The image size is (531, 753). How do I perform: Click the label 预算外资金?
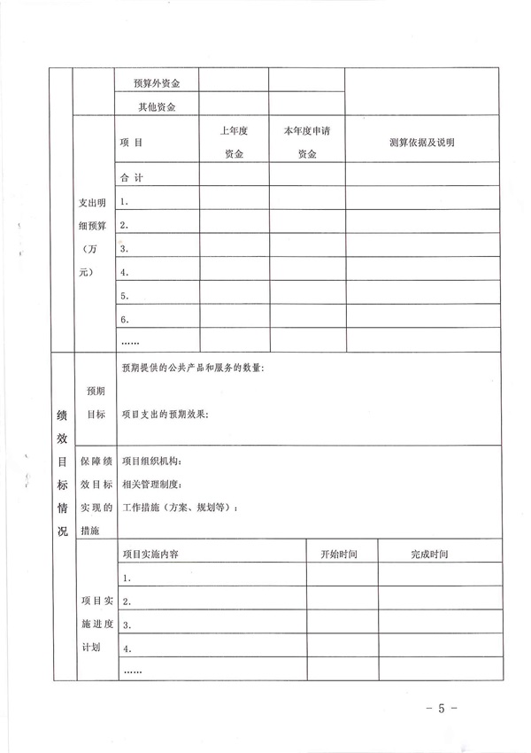(x=156, y=83)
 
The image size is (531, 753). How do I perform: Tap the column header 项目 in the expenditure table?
(x=131, y=142)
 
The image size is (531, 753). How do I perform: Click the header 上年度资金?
(x=234, y=142)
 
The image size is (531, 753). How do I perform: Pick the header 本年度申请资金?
(x=306, y=142)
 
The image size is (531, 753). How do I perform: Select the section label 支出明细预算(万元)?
(x=95, y=237)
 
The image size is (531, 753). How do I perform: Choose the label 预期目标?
(x=95, y=401)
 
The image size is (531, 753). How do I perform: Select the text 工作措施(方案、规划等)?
(x=180, y=508)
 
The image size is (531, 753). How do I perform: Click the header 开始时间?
(x=338, y=554)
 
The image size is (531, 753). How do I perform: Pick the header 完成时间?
(x=430, y=554)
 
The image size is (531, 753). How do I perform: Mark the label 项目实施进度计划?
(x=95, y=624)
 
